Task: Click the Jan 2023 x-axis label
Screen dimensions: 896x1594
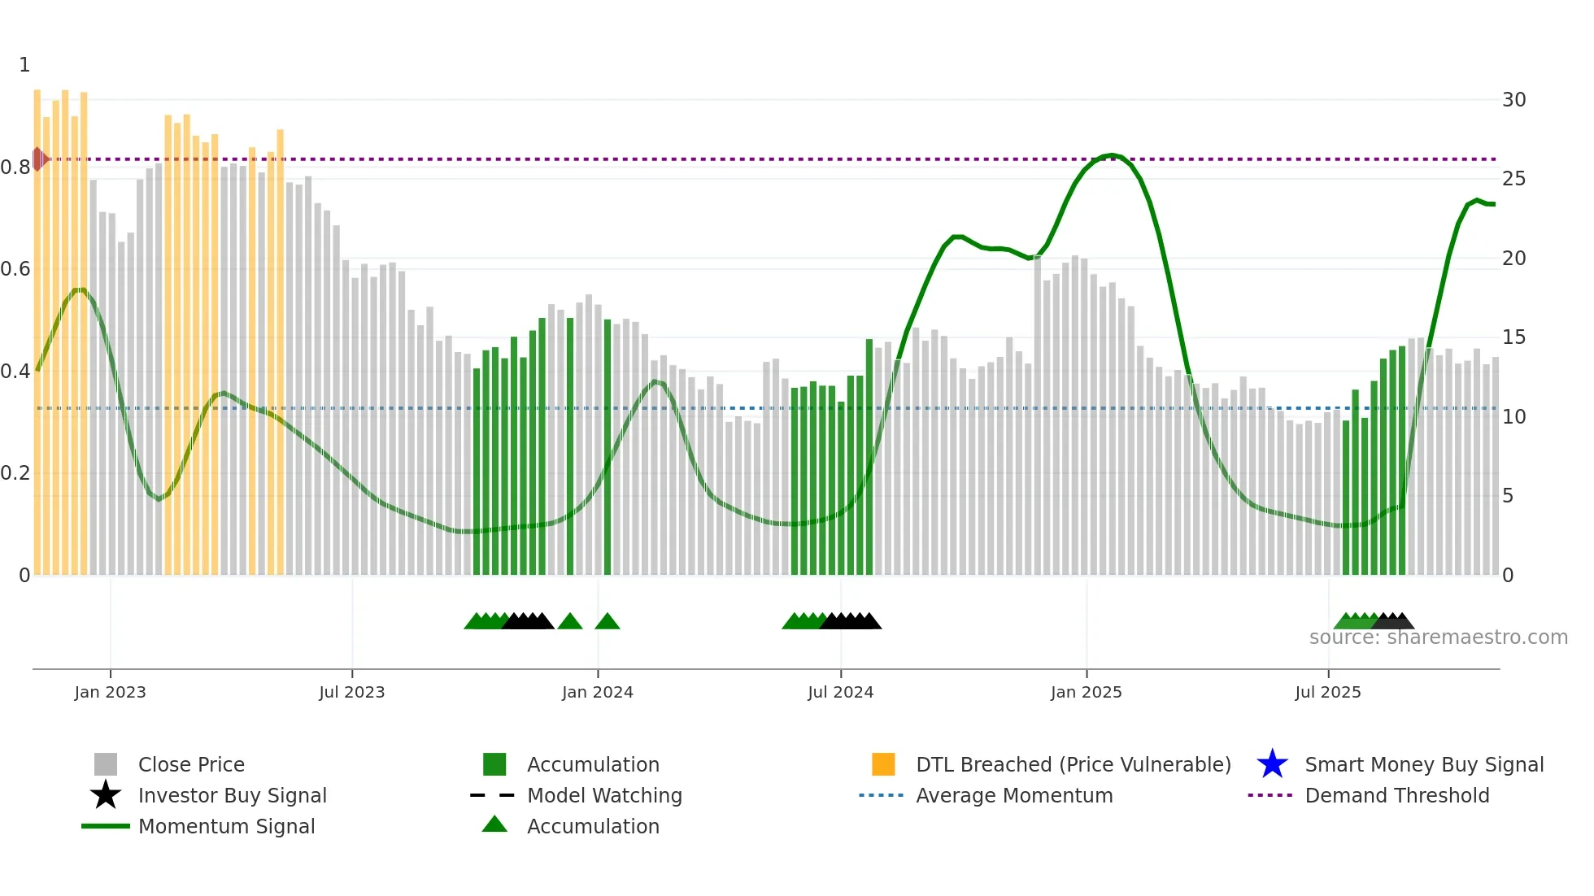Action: coord(110,692)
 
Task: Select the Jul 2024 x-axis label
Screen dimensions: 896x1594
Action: coord(840,692)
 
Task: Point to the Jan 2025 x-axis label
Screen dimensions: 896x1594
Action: coord(1086,692)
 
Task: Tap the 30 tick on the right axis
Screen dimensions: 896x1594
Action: coord(1513,100)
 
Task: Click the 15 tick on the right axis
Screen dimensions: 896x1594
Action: coord(1513,337)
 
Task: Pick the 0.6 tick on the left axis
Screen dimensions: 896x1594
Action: coord(15,269)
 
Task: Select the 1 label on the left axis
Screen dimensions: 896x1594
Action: coord(24,65)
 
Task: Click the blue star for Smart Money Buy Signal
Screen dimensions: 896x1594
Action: coord(1272,764)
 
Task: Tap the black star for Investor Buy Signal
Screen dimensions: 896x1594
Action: coord(106,795)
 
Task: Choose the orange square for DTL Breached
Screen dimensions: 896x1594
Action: coord(883,764)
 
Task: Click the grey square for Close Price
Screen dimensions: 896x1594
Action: coord(106,764)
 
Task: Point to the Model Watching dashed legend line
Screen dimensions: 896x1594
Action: coord(493,795)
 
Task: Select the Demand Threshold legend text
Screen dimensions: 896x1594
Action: coord(1396,795)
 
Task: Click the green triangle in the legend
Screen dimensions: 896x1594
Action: coord(494,824)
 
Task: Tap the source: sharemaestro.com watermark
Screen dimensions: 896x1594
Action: coord(1438,637)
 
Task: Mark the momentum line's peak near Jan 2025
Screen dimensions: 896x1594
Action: coord(1111,154)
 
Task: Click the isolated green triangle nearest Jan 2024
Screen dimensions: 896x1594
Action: coord(608,622)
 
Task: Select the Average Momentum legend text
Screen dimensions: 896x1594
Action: coord(1014,795)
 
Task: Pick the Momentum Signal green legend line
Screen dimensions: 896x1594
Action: coord(106,826)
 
